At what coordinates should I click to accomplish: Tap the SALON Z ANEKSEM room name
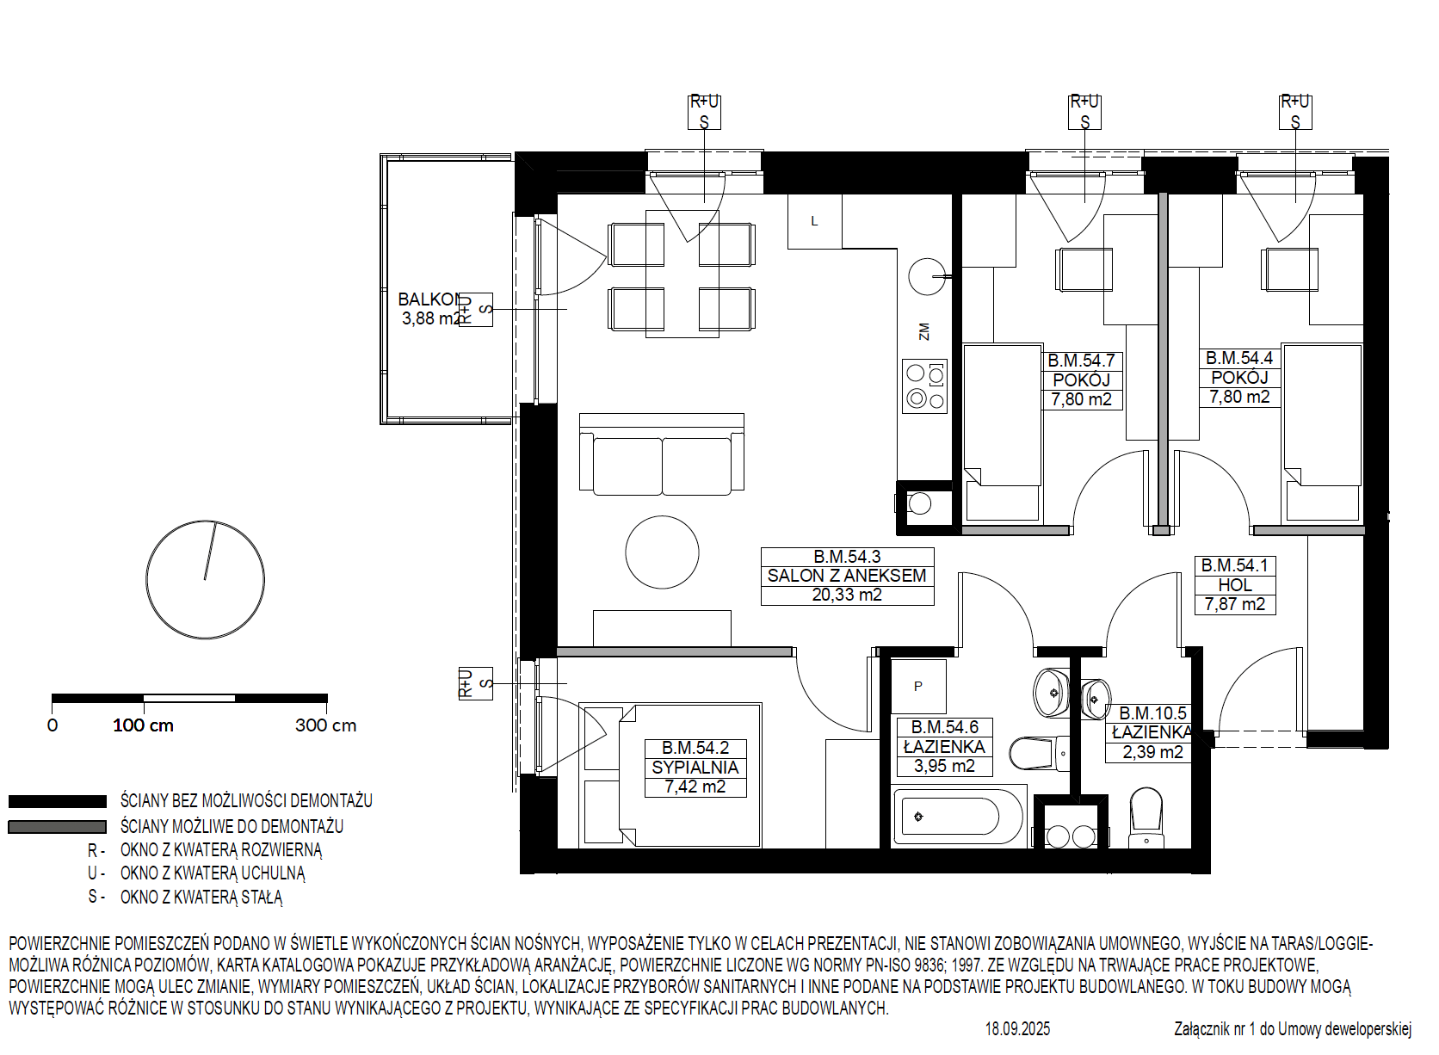pyautogui.click(x=847, y=576)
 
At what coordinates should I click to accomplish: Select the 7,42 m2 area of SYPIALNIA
pyautogui.click(x=695, y=787)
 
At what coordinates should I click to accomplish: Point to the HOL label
pyautogui.click(x=1235, y=585)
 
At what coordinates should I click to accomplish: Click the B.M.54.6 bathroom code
pyautogui.click(x=944, y=727)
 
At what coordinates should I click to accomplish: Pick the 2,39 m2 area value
pyautogui.click(x=1152, y=752)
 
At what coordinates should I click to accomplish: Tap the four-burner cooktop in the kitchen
pyautogui.click(x=924, y=386)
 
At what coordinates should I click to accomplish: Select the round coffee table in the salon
pyautogui.click(x=662, y=552)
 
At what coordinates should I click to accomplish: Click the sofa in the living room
pyautogui.click(x=662, y=454)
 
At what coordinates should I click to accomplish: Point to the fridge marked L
pyautogui.click(x=814, y=221)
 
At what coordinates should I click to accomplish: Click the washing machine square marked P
pyautogui.click(x=918, y=687)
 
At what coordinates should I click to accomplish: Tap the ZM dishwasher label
pyautogui.click(x=923, y=331)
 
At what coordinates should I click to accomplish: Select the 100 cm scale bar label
pyautogui.click(x=143, y=725)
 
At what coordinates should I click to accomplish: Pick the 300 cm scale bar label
pyautogui.click(x=325, y=725)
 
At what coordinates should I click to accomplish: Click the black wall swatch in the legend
pyautogui.click(x=57, y=801)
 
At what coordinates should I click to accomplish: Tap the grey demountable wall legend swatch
pyautogui.click(x=57, y=827)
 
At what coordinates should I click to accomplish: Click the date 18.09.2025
pyautogui.click(x=1017, y=1029)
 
